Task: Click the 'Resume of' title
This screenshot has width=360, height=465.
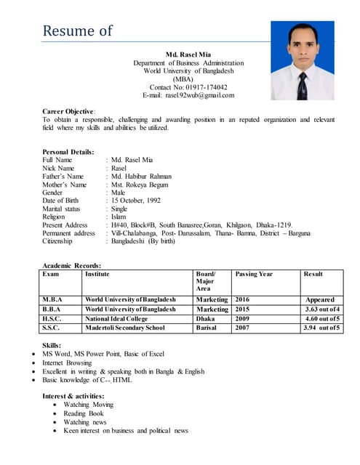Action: coord(78,31)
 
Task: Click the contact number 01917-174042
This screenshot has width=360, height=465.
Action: coord(188,87)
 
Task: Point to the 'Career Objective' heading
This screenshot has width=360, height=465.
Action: coord(69,111)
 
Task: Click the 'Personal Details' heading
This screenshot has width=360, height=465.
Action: coord(68,152)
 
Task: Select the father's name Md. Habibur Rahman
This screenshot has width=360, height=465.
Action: coord(141,176)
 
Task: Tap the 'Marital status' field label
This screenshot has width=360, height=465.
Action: coord(62,209)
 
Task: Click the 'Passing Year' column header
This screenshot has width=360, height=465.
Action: coord(254,274)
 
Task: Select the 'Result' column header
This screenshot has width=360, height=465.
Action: coord(313,274)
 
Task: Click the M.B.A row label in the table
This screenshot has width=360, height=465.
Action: coord(52,299)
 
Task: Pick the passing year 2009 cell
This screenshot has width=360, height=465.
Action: coord(242,318)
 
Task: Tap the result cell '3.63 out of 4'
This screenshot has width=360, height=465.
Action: coord(321,309)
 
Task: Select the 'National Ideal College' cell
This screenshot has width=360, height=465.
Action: coord(116,318)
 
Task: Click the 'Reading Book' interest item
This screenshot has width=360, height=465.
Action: coord(84,413)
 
